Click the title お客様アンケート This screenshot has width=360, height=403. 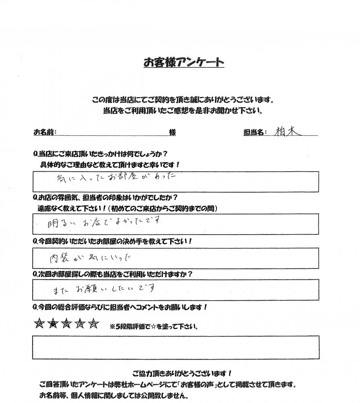pos(184,62)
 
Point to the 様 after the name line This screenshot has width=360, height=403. pos(172,132)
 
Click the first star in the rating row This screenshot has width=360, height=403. pos(39,323)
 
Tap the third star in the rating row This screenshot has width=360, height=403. pos(67,323)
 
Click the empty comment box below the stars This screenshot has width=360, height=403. pos(175,347)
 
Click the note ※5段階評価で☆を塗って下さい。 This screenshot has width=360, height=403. pos(154,326)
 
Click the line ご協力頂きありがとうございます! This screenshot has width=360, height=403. pos(182,373)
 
